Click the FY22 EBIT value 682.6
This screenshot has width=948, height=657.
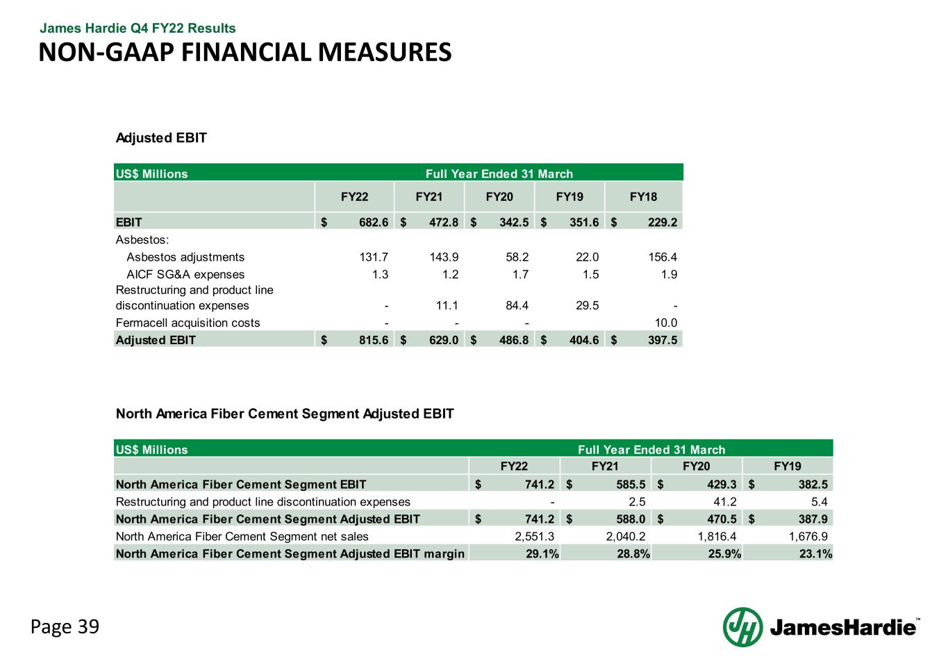pos(373,222)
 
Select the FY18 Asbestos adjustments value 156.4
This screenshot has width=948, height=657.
pos(663,257)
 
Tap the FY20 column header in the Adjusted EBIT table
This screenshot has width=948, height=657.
pos(499,197)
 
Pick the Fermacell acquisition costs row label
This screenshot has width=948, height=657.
pos(188,323)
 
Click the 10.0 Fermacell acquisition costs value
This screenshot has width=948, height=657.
pos(666,323)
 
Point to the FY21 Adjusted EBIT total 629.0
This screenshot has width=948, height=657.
pos(444,340)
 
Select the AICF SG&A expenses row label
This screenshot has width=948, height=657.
pos(185,275)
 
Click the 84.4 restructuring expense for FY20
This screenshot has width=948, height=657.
pos(517,305)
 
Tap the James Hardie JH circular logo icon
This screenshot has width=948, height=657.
pos(742,627)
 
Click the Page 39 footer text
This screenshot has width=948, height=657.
pos(65,626)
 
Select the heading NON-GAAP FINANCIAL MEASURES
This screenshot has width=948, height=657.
pos(245,52)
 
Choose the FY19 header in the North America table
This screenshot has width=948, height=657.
pos(787,467)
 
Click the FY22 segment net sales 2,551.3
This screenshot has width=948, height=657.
pos(534,537)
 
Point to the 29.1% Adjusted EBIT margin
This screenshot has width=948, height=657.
pos(542,554)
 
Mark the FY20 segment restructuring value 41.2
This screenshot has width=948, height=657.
pos(725,502)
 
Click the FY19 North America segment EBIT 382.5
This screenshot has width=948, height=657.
pos(813,485)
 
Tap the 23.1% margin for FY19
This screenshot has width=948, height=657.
pos(815,554)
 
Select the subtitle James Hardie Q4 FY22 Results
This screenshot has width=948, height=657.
pos(138,29)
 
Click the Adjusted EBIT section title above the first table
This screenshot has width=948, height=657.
pos(161,138)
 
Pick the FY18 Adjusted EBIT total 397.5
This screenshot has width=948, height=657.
pos(663,340)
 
